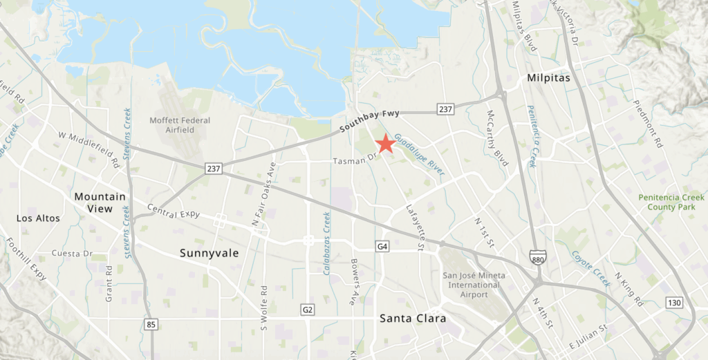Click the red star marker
coord(385,143)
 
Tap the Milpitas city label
coord(548,78)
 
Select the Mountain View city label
coord(100,202)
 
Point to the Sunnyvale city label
coord(209,253)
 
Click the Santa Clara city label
coord(412,319)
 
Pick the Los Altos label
coord(38,218)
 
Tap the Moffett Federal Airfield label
coord(180,124)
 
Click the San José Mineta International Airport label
coord(474,284)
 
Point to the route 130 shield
coord(675,303)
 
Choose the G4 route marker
coord(383,247)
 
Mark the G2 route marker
coord(308,309)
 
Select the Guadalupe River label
coord(419,153)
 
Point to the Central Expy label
coord(174,211)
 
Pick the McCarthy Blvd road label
coord(499,138)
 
